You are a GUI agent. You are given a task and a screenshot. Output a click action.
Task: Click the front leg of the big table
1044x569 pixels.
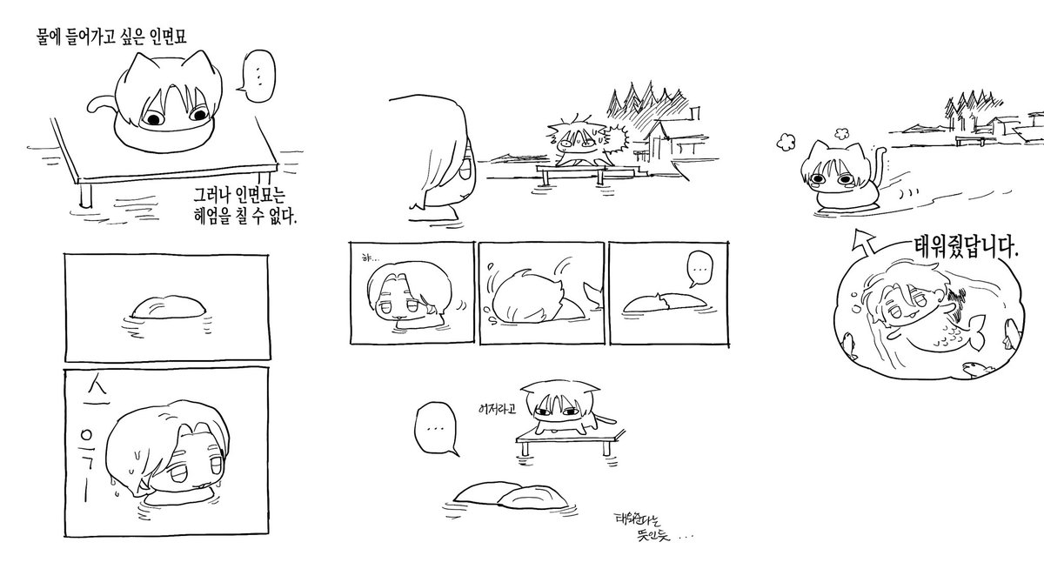pos(84,192)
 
